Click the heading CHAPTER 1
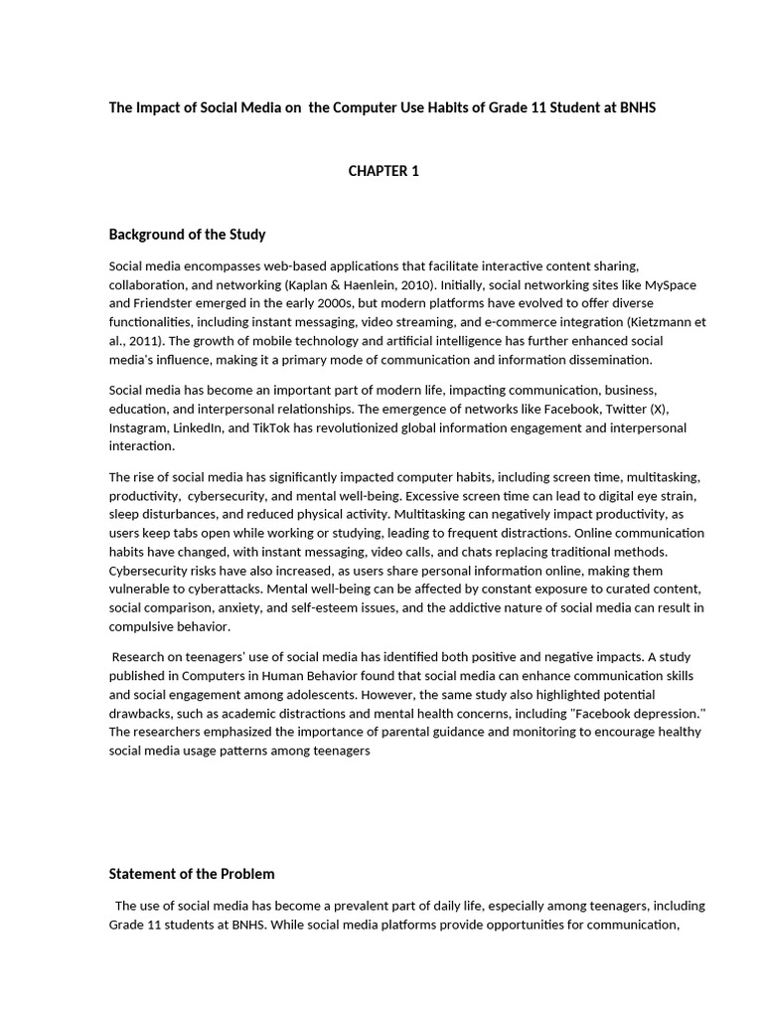pyautogui.click(x=382, y=171)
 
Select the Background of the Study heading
pyautogui.click(x=187, y=235)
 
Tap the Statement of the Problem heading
pyautogui.click(x=191, y=874)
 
